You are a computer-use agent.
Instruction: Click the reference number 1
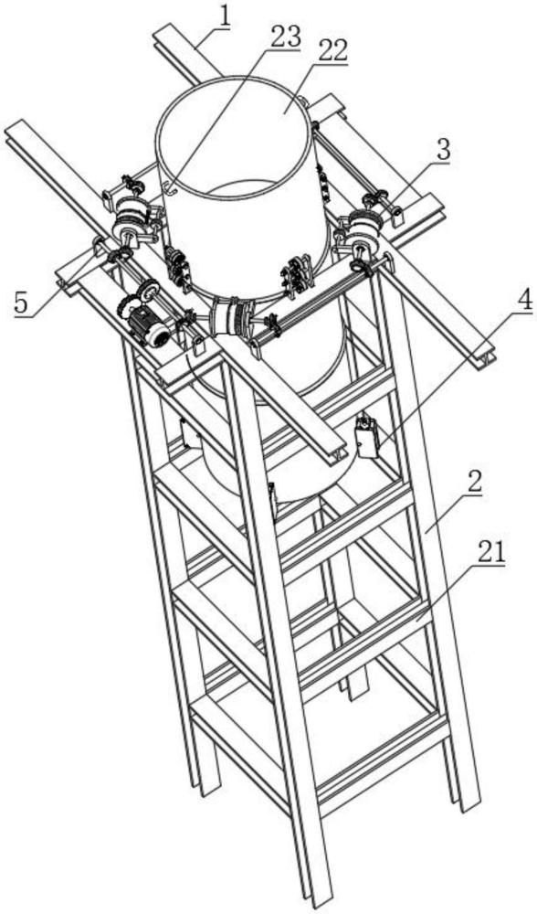[x=225, y=18]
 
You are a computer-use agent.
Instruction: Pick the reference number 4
[x=523, y=301]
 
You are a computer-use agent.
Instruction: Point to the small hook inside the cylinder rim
[x=170, y=188]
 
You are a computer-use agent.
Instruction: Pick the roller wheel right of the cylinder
[x=361, y=228]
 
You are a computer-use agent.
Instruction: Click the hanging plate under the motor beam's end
[x=197, y=345]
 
